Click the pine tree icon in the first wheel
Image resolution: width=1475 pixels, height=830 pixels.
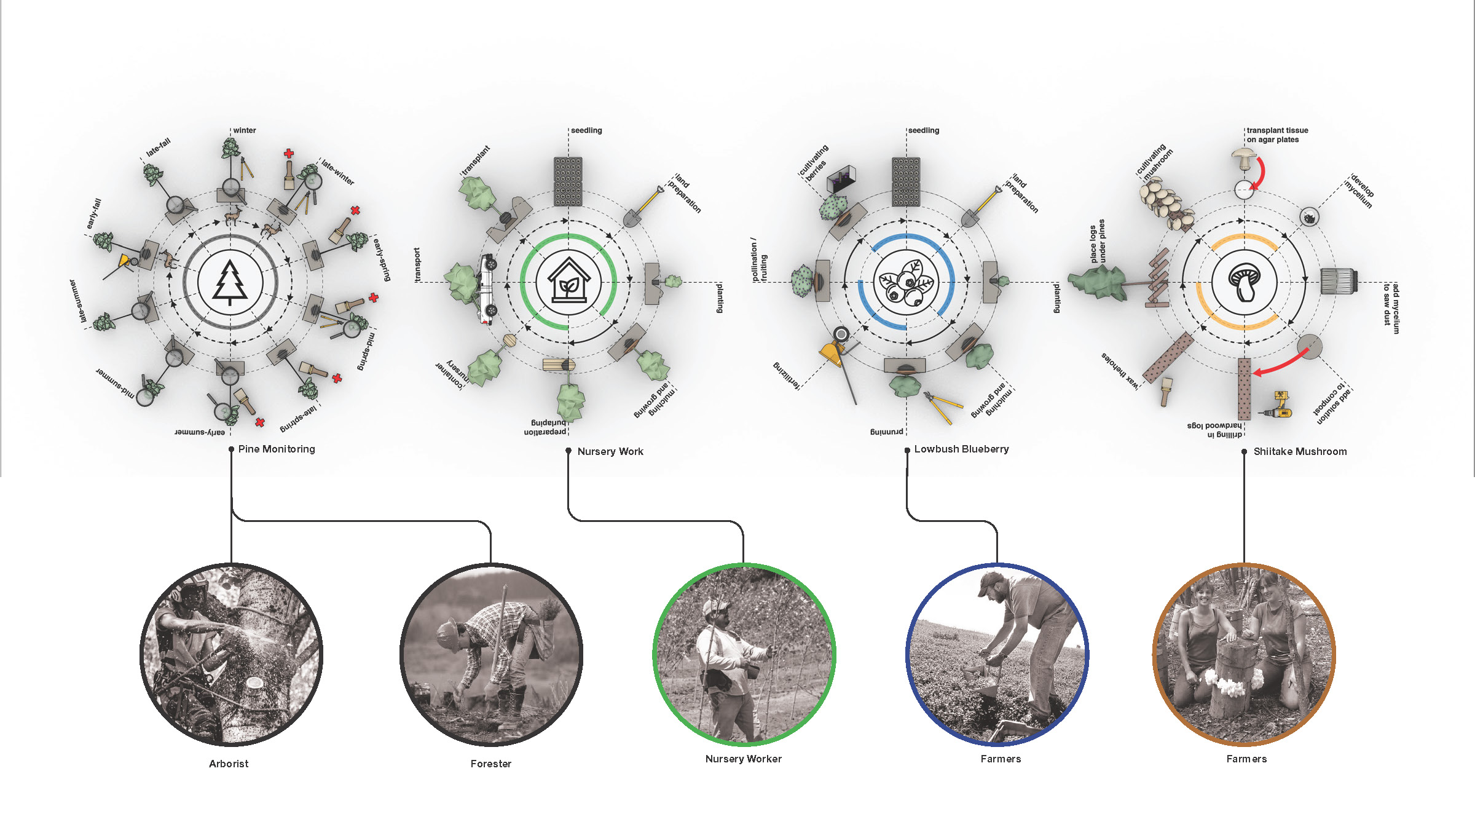coord(230,283)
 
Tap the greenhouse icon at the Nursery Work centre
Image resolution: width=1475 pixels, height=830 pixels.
coord(568,283)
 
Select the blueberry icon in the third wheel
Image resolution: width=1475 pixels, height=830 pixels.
coord(906,283)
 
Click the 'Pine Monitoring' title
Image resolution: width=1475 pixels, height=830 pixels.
coord(277,449)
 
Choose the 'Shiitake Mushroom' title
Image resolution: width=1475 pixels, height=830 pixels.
coord(1300,451)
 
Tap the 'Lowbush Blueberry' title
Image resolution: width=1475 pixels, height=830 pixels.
coord(961,449)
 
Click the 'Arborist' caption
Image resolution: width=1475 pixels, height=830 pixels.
coord(229,764)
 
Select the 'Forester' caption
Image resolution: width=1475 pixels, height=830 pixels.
coord(490,764)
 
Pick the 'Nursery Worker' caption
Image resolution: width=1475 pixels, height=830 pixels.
coord(743,759)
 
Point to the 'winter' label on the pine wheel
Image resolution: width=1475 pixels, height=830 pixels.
coord(245,130)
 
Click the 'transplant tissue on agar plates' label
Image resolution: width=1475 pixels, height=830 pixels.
coord(1277,135)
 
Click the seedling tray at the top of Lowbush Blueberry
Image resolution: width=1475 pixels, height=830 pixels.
coord(906,181)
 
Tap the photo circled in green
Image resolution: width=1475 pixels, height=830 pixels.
coord(744,654)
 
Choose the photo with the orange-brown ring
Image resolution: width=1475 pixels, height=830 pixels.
coord(1244,654)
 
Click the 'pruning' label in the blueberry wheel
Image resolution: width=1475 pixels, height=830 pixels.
coord(886,432)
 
